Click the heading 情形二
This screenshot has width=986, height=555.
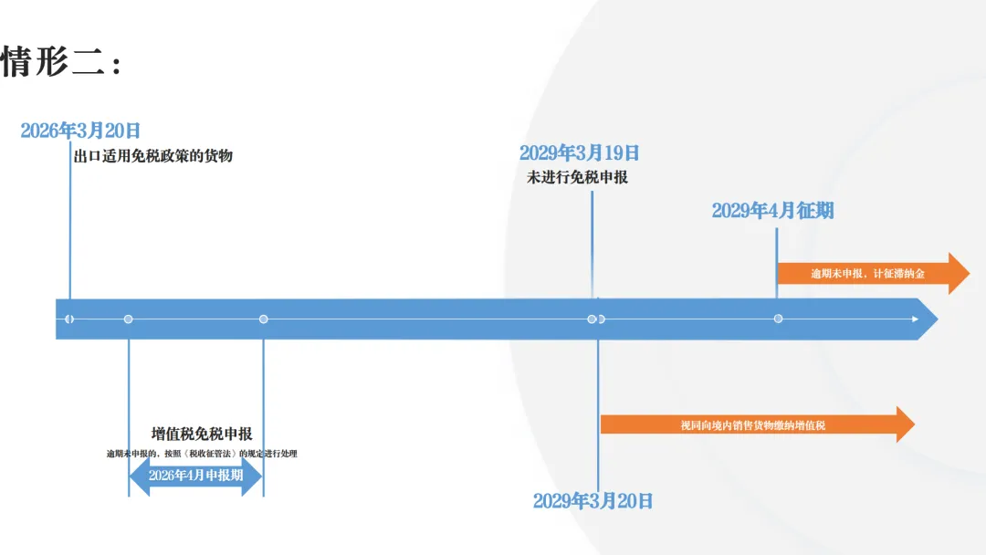point(60,62)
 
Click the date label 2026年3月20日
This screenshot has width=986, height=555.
point(79,131)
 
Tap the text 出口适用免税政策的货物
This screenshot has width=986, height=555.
point(152,156)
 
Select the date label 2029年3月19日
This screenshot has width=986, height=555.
point(579,152)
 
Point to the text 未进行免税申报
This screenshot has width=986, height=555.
point(577,177)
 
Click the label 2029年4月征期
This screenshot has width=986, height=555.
point(773,211)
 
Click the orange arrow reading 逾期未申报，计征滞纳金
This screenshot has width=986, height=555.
point(874,274)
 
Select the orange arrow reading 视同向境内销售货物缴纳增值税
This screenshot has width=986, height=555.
point(758,424)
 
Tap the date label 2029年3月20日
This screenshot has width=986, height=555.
point(593,501)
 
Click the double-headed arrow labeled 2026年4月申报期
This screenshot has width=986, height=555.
point(195,476)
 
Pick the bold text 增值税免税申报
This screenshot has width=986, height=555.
point(202,434)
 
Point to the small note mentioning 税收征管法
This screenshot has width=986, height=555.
point(202,453)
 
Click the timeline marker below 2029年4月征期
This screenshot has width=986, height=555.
point(778,319)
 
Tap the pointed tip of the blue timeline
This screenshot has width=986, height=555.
point(938,319)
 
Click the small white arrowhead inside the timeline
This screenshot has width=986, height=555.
point(915,319)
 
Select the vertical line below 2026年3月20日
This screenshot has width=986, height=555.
point(69,220)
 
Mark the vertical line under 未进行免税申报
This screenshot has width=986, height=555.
point(592,245)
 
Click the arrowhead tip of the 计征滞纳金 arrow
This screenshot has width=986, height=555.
point(970,274)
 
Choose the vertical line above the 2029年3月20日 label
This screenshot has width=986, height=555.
point(598,414)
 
